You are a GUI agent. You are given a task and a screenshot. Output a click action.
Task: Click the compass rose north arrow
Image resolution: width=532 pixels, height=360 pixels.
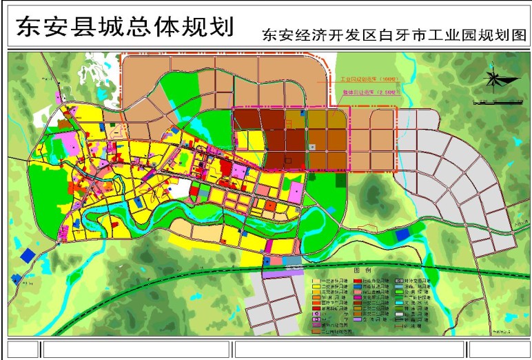493,79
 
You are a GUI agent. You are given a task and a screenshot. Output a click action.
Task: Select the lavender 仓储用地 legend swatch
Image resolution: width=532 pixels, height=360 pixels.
358,319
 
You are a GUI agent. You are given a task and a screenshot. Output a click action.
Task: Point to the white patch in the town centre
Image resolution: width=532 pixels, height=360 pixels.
181,187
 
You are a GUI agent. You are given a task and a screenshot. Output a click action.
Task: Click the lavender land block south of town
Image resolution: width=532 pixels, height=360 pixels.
282,273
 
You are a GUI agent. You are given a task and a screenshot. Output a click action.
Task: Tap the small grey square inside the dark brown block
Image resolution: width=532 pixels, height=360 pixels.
312,146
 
